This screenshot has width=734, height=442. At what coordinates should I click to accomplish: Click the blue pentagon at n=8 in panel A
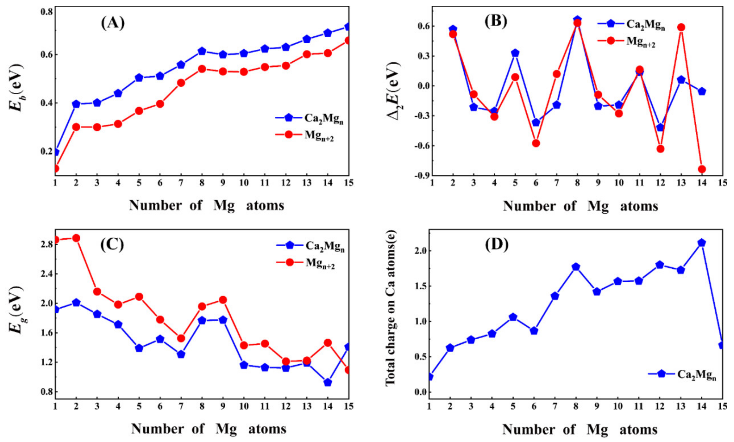(x=202, y=51)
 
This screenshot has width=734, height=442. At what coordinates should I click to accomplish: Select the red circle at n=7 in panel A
(x=181, y=83)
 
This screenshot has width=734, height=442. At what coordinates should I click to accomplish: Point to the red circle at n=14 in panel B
(x=702, y=169)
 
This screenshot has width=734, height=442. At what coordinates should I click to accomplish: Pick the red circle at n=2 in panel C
(x=76, y=238)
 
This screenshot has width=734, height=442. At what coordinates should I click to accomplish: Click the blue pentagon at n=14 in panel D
(x=702, y=243)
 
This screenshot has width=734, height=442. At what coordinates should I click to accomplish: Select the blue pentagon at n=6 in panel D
(x=534, y=331)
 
